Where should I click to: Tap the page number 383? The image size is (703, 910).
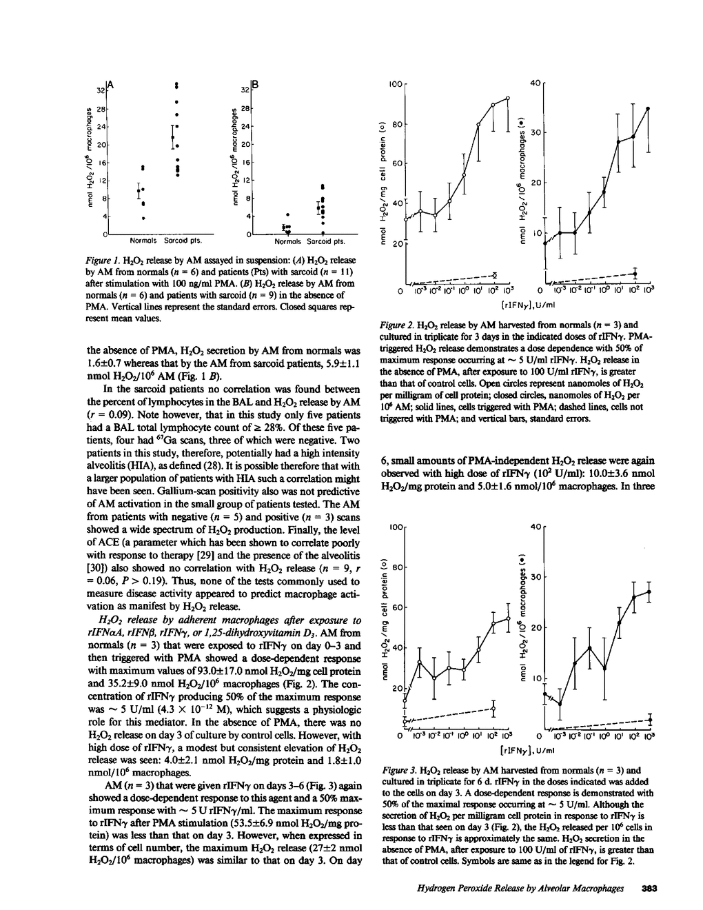649,889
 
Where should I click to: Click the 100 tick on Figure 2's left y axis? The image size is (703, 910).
394,83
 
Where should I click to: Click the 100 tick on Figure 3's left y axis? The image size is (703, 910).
394,527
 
